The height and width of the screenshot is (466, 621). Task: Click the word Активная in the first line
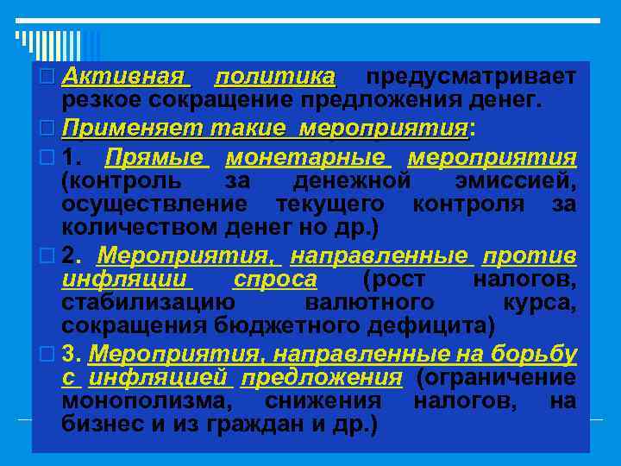coord(127,77)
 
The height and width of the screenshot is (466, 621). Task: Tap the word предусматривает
coord(470,77)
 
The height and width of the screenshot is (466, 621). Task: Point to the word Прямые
coord(156,158)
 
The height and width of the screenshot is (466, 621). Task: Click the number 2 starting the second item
coord(70,256)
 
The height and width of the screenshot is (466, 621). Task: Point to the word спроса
coord(274,280)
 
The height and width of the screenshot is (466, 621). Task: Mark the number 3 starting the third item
coord(70,354)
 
